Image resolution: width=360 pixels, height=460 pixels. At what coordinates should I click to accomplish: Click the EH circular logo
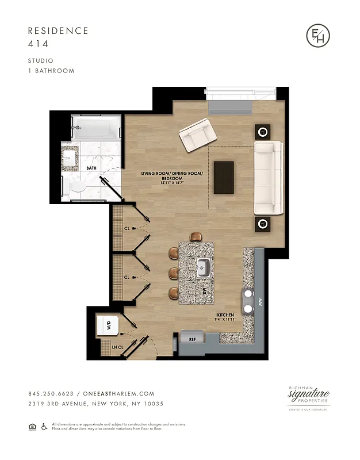pos(318,36)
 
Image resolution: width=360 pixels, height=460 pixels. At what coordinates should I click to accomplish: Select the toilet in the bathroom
pos(76,186)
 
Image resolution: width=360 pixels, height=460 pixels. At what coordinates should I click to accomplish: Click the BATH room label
pos(91,168)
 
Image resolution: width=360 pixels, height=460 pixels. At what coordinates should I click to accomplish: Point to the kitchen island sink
pos(203,267)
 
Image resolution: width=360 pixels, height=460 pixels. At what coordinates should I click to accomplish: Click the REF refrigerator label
pos(193,340)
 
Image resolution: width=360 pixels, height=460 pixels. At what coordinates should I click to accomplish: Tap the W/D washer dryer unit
pos(108,326)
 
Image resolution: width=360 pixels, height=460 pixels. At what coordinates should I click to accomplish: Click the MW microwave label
pos(259,301)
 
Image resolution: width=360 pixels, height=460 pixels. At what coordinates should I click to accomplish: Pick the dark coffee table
pos(224,178)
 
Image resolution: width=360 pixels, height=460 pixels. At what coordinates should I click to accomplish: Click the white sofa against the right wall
pos(269,178)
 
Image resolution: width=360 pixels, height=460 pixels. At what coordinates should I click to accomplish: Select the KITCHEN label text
pos(225,316)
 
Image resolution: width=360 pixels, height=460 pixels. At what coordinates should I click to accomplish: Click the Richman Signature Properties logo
pos(308,397)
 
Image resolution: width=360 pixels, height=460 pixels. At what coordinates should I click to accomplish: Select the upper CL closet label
pos(127,228)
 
